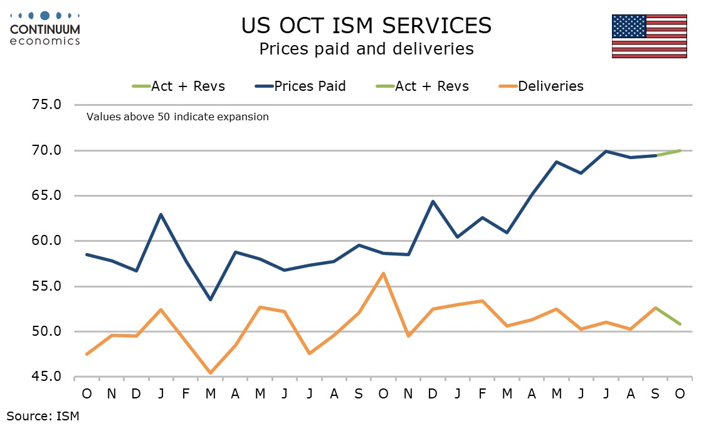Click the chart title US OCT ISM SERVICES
click(367, 25)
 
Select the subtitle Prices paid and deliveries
click(367, 48)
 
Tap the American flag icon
click(649, 36)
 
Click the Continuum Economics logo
click(45, 28)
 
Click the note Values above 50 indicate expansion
click(177, 117)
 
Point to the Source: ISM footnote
click(43, 415)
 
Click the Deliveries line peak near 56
click(383, 273)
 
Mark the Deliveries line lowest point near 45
click(210, 373)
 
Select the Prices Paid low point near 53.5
click(210, 299)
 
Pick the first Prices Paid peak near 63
click(161, 214)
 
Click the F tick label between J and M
click(186, 393)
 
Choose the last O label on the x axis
click(680, 393)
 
